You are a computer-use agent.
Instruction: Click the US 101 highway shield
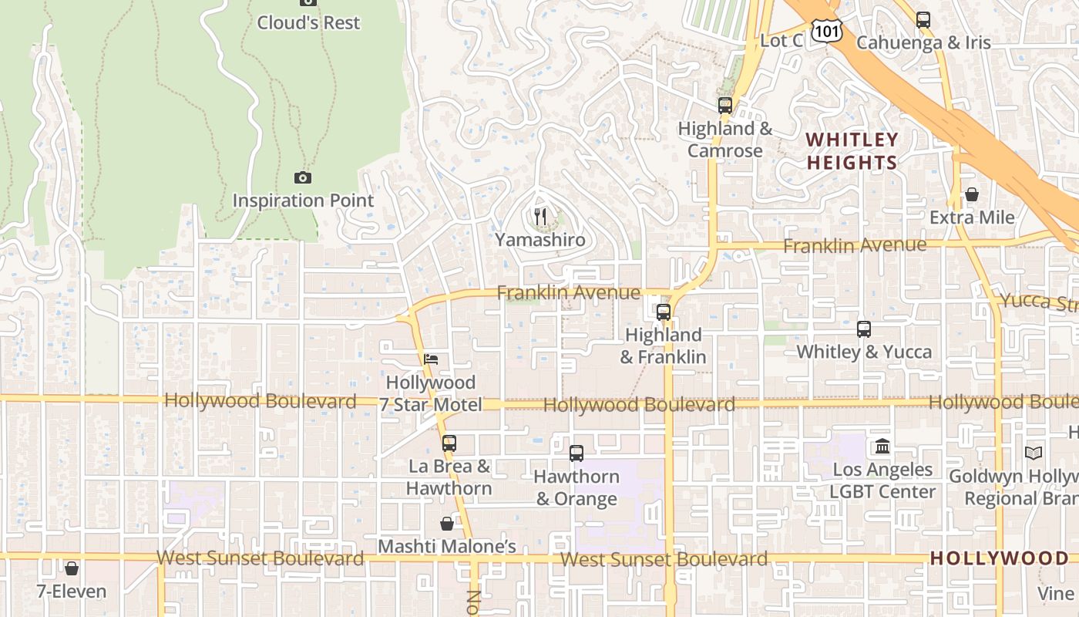[828, 31]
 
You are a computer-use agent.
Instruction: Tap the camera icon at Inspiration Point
[303, 178]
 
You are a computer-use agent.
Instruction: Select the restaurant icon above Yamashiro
[540, 217]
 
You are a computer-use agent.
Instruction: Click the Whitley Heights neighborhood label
[852, 151]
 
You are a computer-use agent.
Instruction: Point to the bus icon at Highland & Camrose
[724, 106]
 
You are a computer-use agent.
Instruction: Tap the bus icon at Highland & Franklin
[663, 312]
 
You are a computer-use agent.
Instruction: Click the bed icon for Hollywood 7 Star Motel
[431, 359]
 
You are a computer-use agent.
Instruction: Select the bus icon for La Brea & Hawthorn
[449, 443]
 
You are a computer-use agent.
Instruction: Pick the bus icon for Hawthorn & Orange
[576, 453]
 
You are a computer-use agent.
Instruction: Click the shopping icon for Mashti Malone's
[447, 524]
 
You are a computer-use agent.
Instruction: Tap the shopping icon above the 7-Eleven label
[72, 569]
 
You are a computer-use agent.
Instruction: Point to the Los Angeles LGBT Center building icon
[882, 447]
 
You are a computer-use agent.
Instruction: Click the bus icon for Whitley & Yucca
[863, 329]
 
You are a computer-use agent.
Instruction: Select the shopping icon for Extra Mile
[972, 194]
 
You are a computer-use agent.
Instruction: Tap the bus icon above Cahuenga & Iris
[923, 20]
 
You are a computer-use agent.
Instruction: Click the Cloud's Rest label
[308, 23]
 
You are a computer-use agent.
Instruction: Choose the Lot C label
[782, 41]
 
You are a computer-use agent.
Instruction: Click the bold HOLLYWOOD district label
[999, 558]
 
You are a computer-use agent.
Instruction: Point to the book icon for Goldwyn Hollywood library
[1033, 453]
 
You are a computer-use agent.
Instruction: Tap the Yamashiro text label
[540, 240]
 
